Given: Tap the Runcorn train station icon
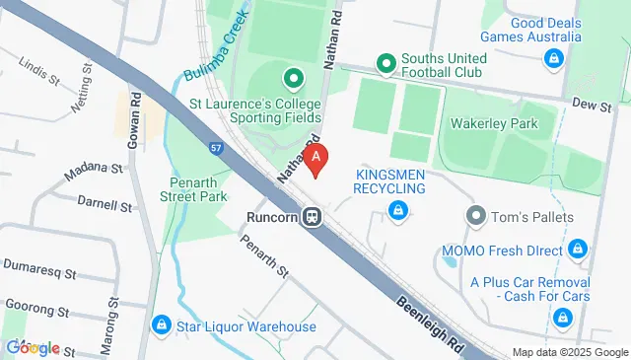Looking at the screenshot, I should pos(312,215).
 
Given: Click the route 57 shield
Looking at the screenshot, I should pos(216,148).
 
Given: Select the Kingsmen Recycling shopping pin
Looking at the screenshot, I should pos(396,209).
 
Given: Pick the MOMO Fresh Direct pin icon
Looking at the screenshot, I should pos(579,251).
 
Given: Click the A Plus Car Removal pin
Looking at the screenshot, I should pos(563,316).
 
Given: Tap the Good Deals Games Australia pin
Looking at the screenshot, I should pos(554,59).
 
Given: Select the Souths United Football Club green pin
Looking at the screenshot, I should pos(385,65).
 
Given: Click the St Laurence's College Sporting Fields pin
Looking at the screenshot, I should pos(293,77).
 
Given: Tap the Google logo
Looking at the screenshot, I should pos(32,347).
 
